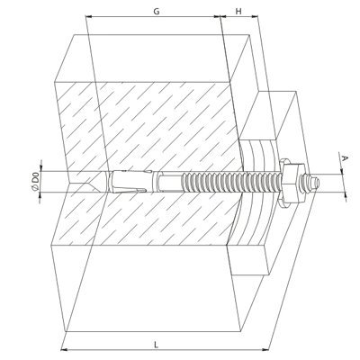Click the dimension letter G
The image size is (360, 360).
pyautogui.click(x=157, y=12)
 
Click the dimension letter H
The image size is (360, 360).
pyautogui.click(x=238, y=12)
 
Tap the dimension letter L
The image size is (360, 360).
pyautogui.click(x=156, y=345)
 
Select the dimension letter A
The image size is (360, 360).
pyautogui.click(x=345, y=158)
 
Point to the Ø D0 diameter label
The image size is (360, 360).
pyautogui.click(x=35, y=181)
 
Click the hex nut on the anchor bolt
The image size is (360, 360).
pyautogui.click(x=292, y=182)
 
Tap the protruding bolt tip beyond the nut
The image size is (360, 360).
pyautogui.click(x=313, y=183)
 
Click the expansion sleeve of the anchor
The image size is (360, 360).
pyautogui.click(x=129, y=181)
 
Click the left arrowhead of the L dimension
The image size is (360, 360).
pyautogui.click(x=64, y=349)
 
